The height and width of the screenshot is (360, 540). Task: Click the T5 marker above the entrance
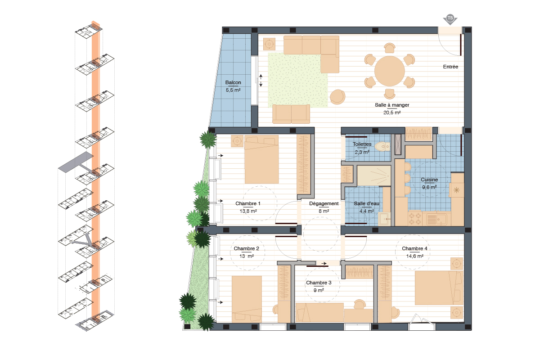[450, 18]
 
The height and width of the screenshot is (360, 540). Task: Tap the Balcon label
[233, 82]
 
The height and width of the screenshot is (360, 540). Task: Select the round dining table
[390, 71]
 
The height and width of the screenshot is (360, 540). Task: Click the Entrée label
[450, 67]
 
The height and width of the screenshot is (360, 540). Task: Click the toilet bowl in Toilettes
[382, 146]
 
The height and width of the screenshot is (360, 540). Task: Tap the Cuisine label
[429, 180]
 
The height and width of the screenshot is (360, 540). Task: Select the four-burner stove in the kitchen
[415, 218]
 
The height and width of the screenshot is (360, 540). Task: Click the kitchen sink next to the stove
[436, 219]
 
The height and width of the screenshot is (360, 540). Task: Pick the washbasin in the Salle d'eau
[384, 219]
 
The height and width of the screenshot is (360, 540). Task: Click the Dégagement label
[324, 203]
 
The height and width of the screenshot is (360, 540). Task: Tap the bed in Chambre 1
[261, 159]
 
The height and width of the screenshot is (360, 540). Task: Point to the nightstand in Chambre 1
[237, 141]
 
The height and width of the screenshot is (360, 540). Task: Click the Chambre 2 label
[247, 248]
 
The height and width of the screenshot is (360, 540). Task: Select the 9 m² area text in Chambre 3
[319, 290]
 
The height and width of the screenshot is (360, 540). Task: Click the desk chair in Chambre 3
[360, 304]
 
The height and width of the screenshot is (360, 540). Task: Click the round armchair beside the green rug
[337, 97]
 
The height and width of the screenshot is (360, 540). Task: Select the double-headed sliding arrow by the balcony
[261, 81]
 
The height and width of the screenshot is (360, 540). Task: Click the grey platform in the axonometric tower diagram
[76, 162]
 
